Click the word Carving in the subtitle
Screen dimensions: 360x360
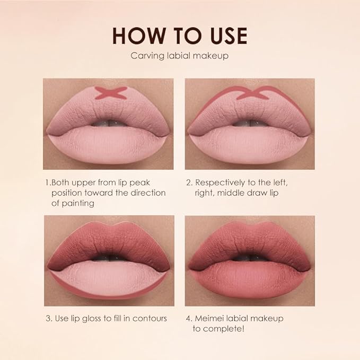pyautogui.click(x=145, y=56)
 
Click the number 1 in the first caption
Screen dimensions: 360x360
pyautogui.click(x=47, y=182)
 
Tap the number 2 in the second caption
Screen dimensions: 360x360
pyautogui.click(x=189, y=182)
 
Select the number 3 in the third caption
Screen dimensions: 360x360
pyautogui.click(x=47, y=319)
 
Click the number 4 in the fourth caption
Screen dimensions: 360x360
pyautogui.click(x=189, y=319)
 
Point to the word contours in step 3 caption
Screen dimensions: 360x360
pyautogui.click(x=150, y=319)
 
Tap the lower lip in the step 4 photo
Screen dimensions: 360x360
pyautogui.click(x=249, y=281)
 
